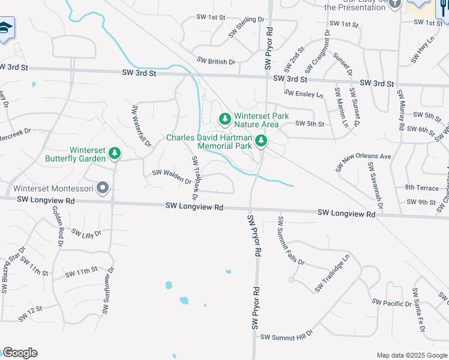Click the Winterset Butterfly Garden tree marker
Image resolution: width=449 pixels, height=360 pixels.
[x=114, y=155]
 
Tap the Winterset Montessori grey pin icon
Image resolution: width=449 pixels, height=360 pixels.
[x=103, y=188]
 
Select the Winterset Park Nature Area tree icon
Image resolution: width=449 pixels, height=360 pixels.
[x=225, y=119]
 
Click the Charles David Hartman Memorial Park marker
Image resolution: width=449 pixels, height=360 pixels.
[x=261, y=141]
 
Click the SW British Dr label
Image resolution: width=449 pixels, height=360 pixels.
[x=216, y=61]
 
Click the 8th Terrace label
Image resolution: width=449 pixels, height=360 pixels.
[x=423, y=188]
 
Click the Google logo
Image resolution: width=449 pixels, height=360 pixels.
[x=20, y=353]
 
